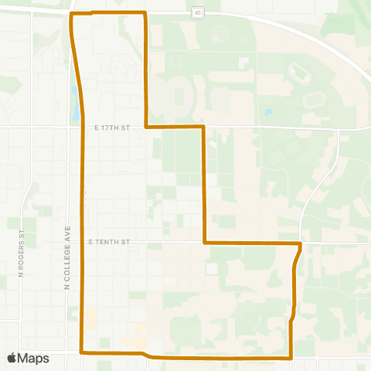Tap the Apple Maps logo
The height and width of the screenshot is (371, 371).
click(x=28, y=358)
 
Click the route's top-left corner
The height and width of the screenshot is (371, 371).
click(x=71, y=14)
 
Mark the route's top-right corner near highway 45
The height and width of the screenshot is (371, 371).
click(x=145, y=13)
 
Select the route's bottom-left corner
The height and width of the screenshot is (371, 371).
click(x=82, y=352)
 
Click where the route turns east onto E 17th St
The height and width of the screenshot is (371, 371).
click(x=146, y=126)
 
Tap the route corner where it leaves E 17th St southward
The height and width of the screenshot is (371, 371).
click(x=203, y=126)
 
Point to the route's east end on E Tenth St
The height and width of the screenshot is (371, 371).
click(x=300, y=244)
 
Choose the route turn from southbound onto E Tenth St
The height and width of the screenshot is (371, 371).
click(x=204, y=243)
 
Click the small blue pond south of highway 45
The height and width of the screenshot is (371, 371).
click(x=268, y=112)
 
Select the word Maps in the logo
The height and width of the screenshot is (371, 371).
click(x=34, y=358)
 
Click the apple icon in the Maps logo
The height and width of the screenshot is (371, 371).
click(x=12, y=358)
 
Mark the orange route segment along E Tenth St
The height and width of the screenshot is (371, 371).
click(x=251, y=243)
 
